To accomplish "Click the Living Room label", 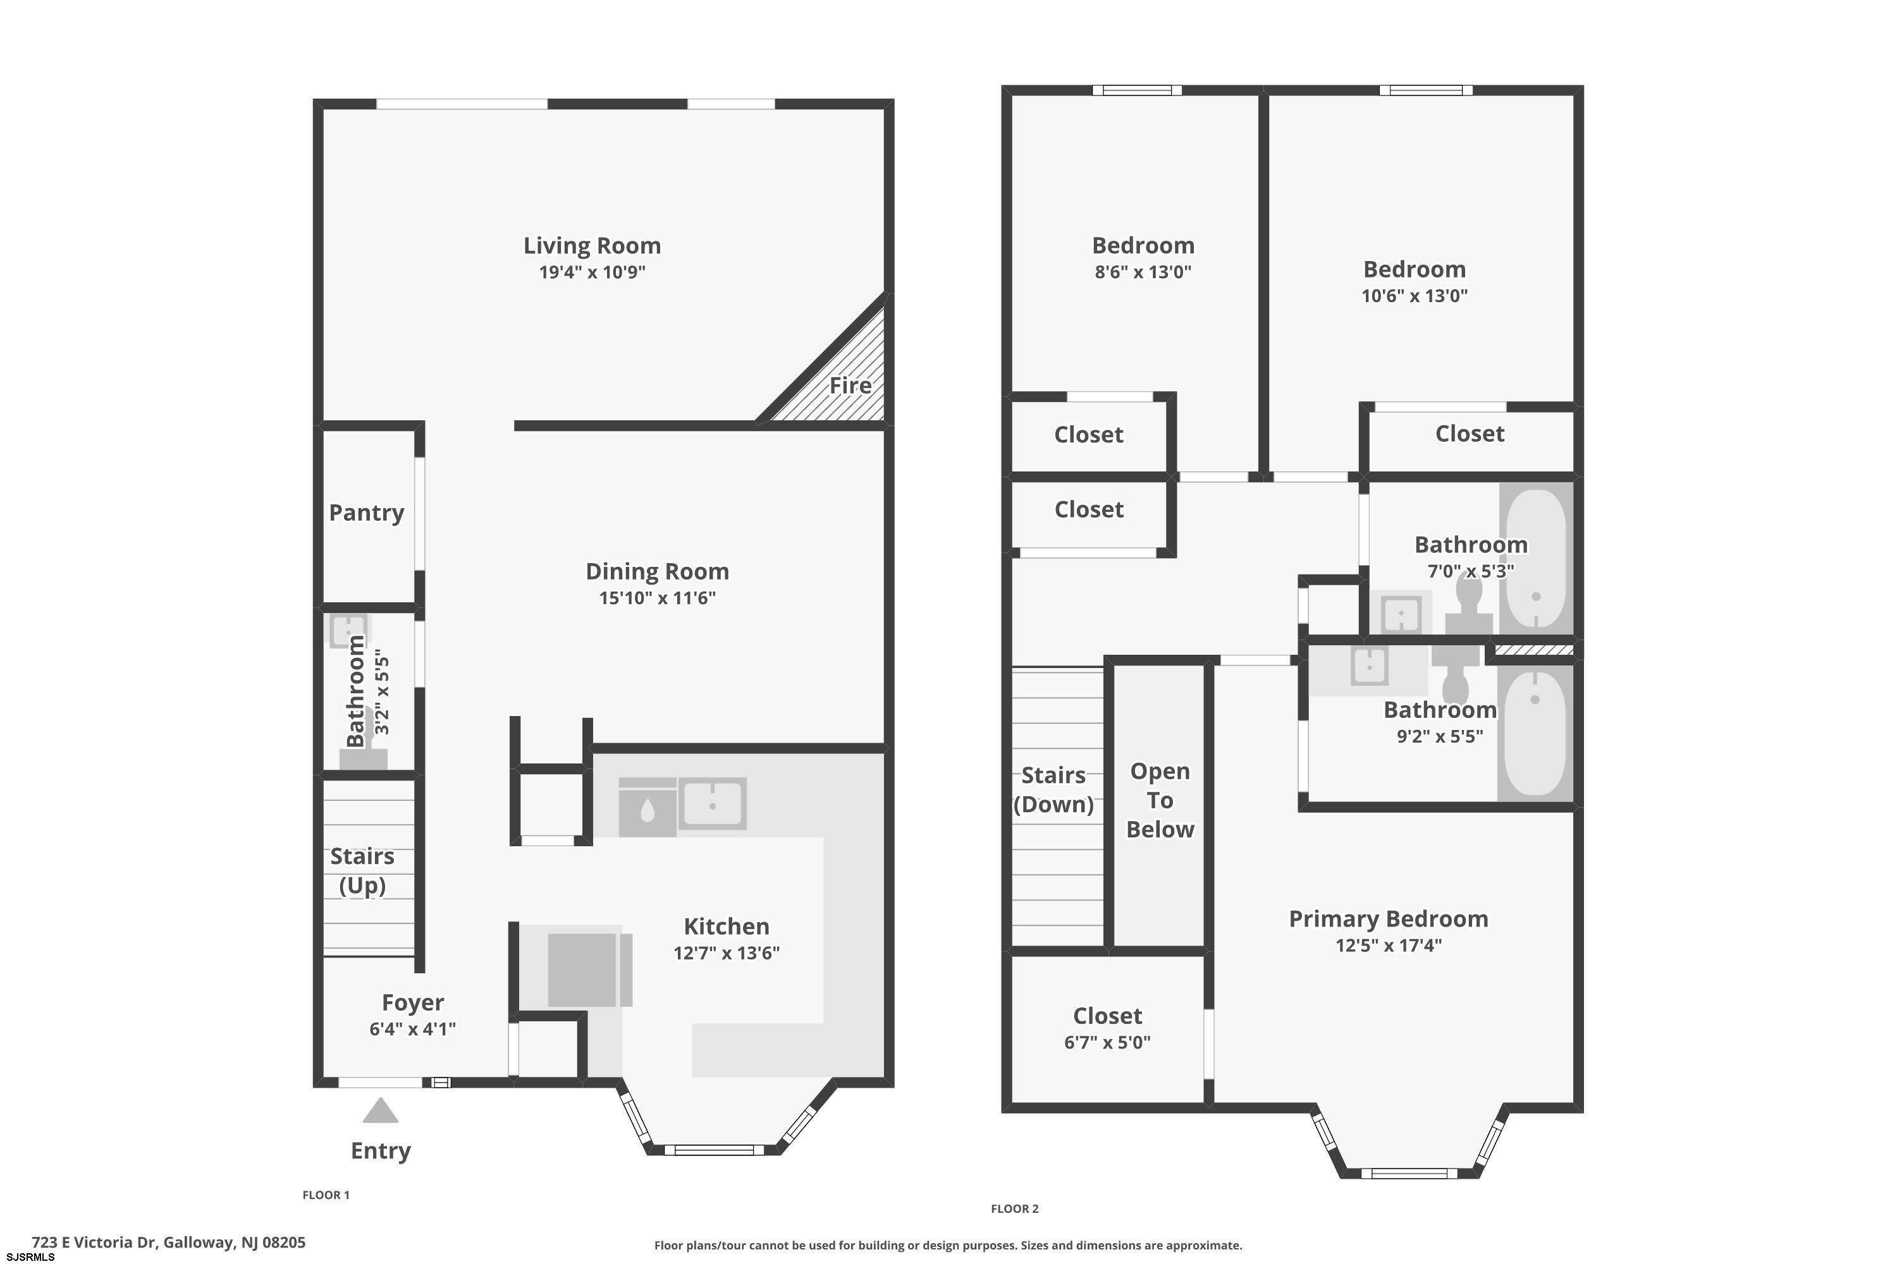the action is [x=592, y=245].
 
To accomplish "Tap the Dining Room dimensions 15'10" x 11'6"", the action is [x=658, y=598].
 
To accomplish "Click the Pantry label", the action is [x=366, y=513].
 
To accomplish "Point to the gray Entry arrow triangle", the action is [x=381, y=1111].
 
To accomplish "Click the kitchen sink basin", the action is [x=712, y=804].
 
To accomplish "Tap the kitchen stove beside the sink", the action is [x=647, y=807].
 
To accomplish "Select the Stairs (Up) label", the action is [x=362, y=871].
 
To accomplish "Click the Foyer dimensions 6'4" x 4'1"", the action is [x=413, y=1030].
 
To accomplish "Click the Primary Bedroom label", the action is [x=1388, y=919].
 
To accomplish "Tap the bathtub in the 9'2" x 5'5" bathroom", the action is [x=1535, y=732].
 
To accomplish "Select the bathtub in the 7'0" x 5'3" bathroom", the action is [x=1537, y=558].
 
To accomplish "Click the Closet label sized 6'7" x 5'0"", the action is [x=1107, y=1016].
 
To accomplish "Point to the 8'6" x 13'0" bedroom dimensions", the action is [x=1143, y=272].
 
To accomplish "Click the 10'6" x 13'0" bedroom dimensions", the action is [x=1415, y=296].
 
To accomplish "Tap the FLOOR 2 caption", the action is [x=1015, y=1208].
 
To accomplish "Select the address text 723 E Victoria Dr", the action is [x=95, y=1243].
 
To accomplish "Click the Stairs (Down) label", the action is [x=1053, y=790].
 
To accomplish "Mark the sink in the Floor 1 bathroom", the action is [x=348, y=630].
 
